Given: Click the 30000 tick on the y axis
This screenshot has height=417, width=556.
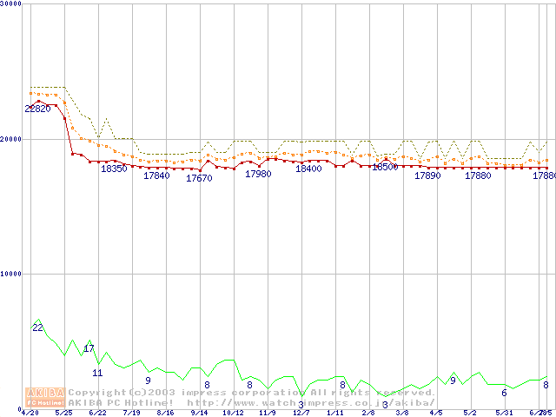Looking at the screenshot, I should pos(12,3).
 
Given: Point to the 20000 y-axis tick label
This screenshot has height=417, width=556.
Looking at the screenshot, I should pos(12,138).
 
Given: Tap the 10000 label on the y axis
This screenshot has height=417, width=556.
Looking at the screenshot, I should pos(12,273).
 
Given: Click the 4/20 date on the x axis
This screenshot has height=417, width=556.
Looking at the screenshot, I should pos(30,413).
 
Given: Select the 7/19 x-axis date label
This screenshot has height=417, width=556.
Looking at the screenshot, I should pos(131,413).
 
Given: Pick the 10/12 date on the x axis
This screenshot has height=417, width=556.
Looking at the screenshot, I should pos(233,413).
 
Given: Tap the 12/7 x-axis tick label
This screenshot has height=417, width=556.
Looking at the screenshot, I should pos(301,413).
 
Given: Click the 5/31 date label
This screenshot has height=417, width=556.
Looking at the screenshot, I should pos(504,413).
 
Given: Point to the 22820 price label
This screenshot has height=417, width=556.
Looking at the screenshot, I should pos(37,109).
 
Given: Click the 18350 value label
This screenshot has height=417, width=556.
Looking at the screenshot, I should pos(114,169).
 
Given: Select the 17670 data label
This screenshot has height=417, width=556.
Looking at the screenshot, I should pos(199,178).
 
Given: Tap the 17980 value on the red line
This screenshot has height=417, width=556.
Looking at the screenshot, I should pos(258,174).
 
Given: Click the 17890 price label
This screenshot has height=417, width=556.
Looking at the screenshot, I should pos(427,175).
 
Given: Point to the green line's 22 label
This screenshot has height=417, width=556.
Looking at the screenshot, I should pos(37,328).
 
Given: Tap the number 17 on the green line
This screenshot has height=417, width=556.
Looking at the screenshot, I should pos(89,348).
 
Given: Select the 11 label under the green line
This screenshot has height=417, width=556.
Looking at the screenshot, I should pos(97,373).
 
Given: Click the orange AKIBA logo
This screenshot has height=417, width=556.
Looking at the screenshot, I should pos(43,396).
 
